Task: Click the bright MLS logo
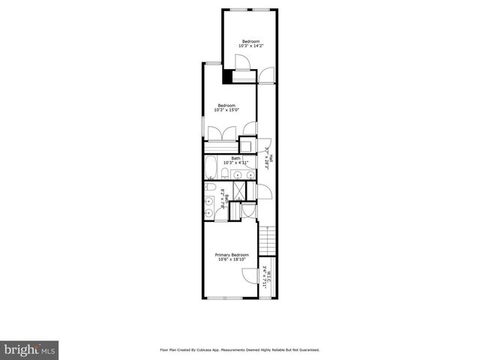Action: tap(29, 350)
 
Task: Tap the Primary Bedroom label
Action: tap(232, 255)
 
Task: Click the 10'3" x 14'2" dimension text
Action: tap(250, 46)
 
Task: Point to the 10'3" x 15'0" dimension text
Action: tap(226, 110)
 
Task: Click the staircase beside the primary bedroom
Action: tap(268, 241)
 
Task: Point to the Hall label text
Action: tap(271, 159)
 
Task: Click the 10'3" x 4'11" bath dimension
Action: tap(236, 163)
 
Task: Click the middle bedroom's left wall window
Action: tap(202, 127)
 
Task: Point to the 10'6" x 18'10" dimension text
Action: tap(232, 259)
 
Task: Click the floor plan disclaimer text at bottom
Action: tap(239, 349)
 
